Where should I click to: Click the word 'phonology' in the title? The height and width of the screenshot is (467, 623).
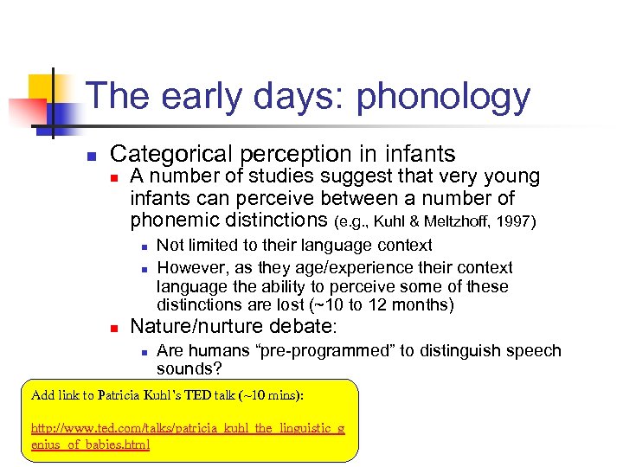pyautogui.click(x=443, y=98)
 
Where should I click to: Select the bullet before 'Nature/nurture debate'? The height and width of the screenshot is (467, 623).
pyautogui.click(x=114, y=329)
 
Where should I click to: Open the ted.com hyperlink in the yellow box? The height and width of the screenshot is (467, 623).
pyautogui.click(x=187, y=437)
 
